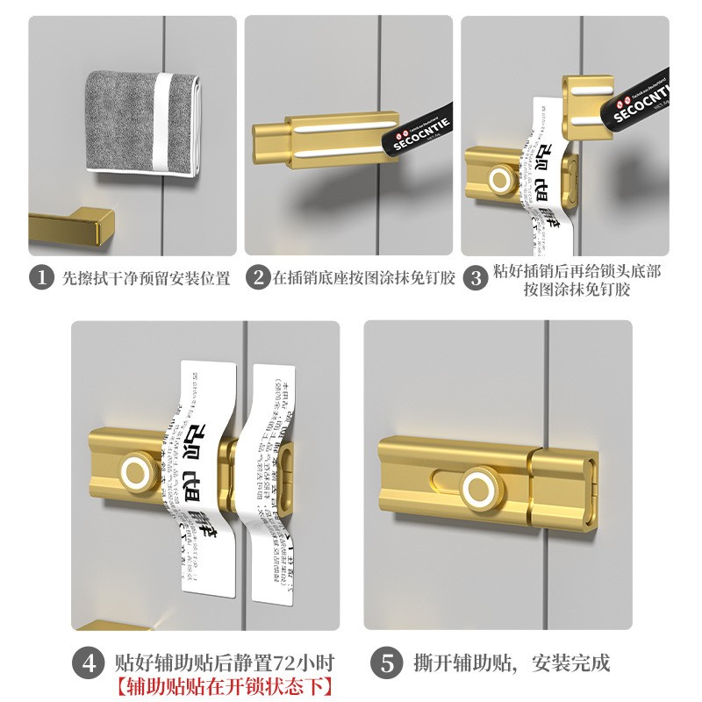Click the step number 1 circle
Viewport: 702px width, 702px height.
point(42,278)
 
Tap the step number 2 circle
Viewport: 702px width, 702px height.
point(257,278)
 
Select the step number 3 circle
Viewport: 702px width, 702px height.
point(475,279)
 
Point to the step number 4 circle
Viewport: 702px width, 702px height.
point(88,663)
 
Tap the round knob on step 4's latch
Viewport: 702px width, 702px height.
point(138,469)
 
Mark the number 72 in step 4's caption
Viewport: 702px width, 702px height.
point(279,663)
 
